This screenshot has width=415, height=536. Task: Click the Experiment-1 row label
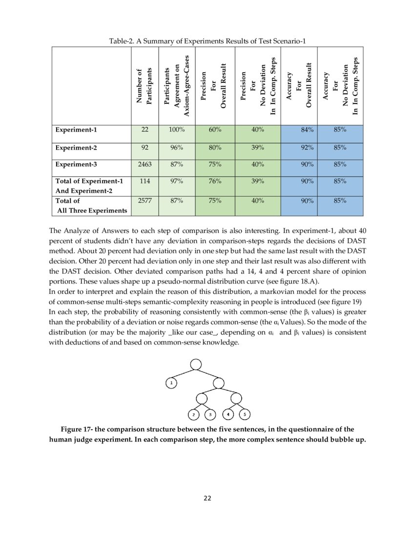click(x=76, y=130)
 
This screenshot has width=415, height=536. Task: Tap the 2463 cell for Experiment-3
click(x=145, y=164)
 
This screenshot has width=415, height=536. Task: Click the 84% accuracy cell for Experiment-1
click(x=308, y=131)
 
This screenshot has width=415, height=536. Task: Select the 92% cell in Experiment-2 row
click(x=308, y=148)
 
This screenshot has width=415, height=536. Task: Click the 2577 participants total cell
click(x=145, y=200)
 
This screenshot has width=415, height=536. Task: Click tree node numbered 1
click(x=171, y=383)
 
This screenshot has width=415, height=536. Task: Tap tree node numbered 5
click(x=245, y=415)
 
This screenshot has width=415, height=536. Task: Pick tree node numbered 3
click(x=210, y=415)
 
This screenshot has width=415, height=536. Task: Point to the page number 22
click(x=207, y=498)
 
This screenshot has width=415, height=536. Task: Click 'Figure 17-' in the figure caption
click(x=76, y=429)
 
